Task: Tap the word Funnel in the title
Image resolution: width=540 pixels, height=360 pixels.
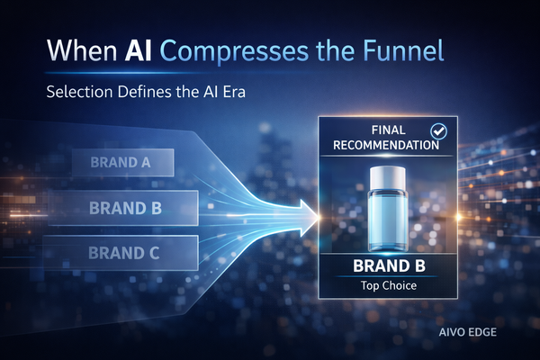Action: tap(408, 51)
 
